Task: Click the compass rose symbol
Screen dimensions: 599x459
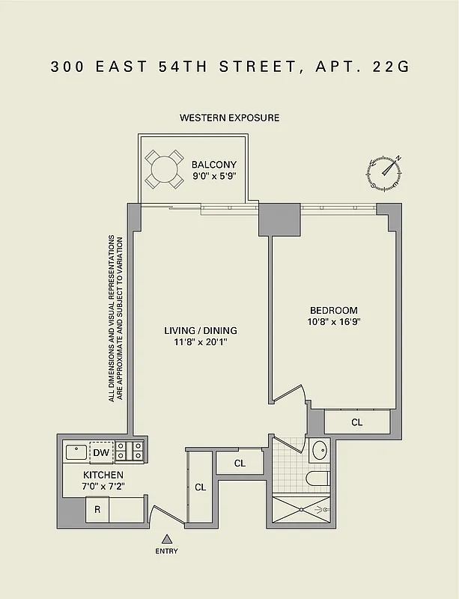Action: coord(384,171)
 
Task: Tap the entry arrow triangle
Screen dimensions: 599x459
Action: coord(167,538)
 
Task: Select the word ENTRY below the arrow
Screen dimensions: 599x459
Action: coord(167,551)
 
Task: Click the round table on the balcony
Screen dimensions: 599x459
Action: coord(164,169)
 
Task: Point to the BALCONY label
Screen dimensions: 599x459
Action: coord(213,165)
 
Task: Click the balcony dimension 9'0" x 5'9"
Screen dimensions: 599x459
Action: coord(213,177)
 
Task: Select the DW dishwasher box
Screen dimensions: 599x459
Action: coord(101,452)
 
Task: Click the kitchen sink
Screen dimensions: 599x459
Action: coord(76,452)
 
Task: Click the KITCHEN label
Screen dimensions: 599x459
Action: coord(103,475)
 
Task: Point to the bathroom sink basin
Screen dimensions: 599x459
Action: coord(319,451)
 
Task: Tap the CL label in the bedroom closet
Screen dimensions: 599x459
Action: coord(357,422)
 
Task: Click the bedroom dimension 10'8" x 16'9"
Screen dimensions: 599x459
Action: coord(333,323)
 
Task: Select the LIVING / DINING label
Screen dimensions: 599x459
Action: coord(195,330)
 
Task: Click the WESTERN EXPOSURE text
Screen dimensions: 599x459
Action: coord(229,118)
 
